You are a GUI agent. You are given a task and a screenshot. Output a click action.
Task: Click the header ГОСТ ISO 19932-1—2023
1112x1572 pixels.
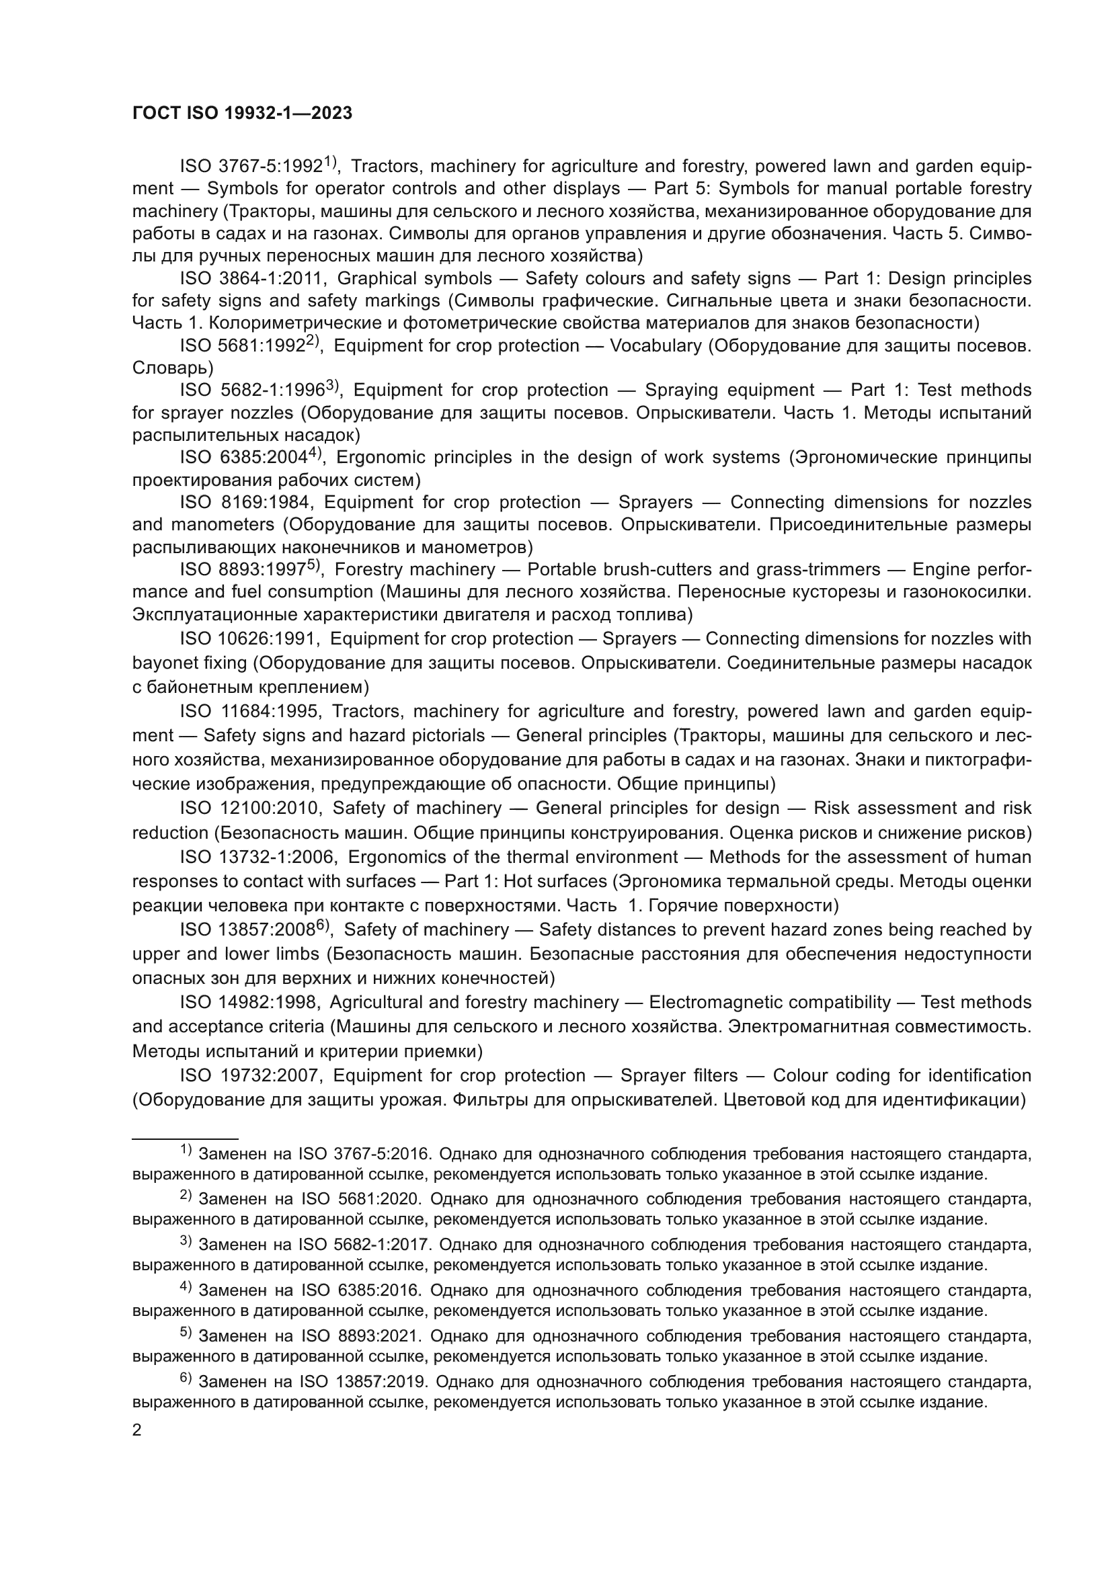[x=242, y=113]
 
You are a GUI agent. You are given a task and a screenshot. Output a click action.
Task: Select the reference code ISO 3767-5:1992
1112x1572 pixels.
[x=251, y=167]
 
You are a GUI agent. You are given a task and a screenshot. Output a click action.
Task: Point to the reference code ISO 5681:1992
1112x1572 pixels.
[x=242, y=345]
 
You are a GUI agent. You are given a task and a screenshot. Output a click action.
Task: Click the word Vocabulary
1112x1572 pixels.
[x=656, y=345]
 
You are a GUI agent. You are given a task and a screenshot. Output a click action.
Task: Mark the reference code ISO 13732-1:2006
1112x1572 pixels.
[x=257, y=857]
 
